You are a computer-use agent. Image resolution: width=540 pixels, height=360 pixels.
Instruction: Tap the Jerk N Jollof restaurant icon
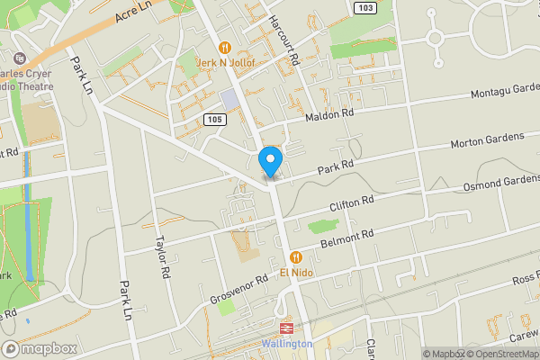(x=225, y=47)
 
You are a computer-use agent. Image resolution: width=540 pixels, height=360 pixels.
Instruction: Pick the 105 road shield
(x=212, y=119)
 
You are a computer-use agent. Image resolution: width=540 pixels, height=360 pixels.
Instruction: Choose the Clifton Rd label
(x=351, y=203)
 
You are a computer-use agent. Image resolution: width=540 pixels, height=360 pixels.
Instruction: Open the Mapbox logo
(x=38, y=348)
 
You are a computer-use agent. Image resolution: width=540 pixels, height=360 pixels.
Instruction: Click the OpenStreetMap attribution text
(x=496, y=354)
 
